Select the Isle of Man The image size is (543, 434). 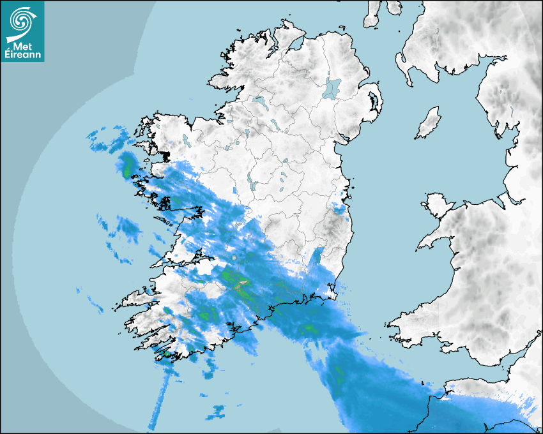click(x=429, y=123)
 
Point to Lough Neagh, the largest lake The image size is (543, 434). click(x=332, y=87)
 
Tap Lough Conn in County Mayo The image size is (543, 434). click(x=186, y=140)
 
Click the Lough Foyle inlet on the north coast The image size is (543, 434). click(x=294, y=45)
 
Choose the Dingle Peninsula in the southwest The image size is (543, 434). click(x=137, y=297)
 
